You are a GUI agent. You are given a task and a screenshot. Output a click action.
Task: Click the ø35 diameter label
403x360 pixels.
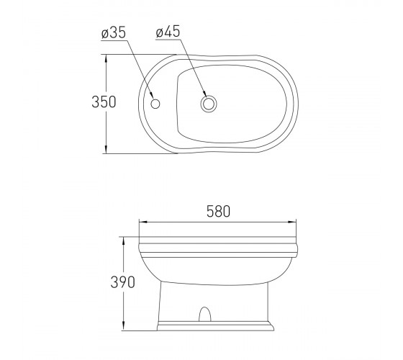[114, 33]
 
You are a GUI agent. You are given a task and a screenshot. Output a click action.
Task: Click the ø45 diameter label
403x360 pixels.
[168, 32]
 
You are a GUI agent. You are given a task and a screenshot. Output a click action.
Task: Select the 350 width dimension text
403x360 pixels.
[104, 102]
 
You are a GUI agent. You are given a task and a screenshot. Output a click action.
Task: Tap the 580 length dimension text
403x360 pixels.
[219, 212]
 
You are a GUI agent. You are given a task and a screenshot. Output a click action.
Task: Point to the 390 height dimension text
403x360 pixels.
[122, 282]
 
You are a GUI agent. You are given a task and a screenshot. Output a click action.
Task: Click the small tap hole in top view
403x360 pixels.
[155, 104]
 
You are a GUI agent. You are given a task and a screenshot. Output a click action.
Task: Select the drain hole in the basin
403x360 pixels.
[209, 104]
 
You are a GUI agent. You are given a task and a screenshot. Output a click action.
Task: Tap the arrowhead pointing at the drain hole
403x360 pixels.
[204, 93]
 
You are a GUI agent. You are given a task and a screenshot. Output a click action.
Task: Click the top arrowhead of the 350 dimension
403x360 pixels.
[106, 59]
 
